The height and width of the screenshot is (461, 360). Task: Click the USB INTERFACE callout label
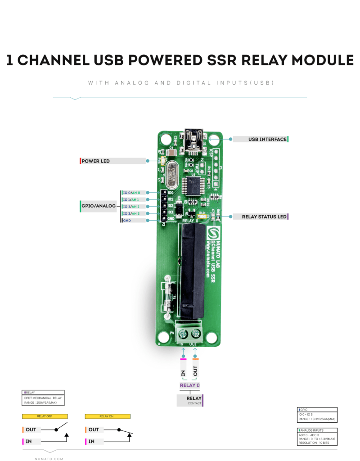coord(261,139)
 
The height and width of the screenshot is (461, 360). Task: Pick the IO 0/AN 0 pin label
coord(134,193)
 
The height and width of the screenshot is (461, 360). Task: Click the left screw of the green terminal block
coord(183,334)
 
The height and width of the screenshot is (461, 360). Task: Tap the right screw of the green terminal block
coord(196,334)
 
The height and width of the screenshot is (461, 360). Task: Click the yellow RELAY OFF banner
coord(45,416)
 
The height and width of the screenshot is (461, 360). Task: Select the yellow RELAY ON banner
coord(108,416)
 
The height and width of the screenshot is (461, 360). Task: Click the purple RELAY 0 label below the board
coord(189,385)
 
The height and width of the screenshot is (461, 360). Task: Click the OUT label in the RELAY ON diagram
coord(94,429)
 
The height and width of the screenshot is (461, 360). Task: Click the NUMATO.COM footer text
coord(49,459)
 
